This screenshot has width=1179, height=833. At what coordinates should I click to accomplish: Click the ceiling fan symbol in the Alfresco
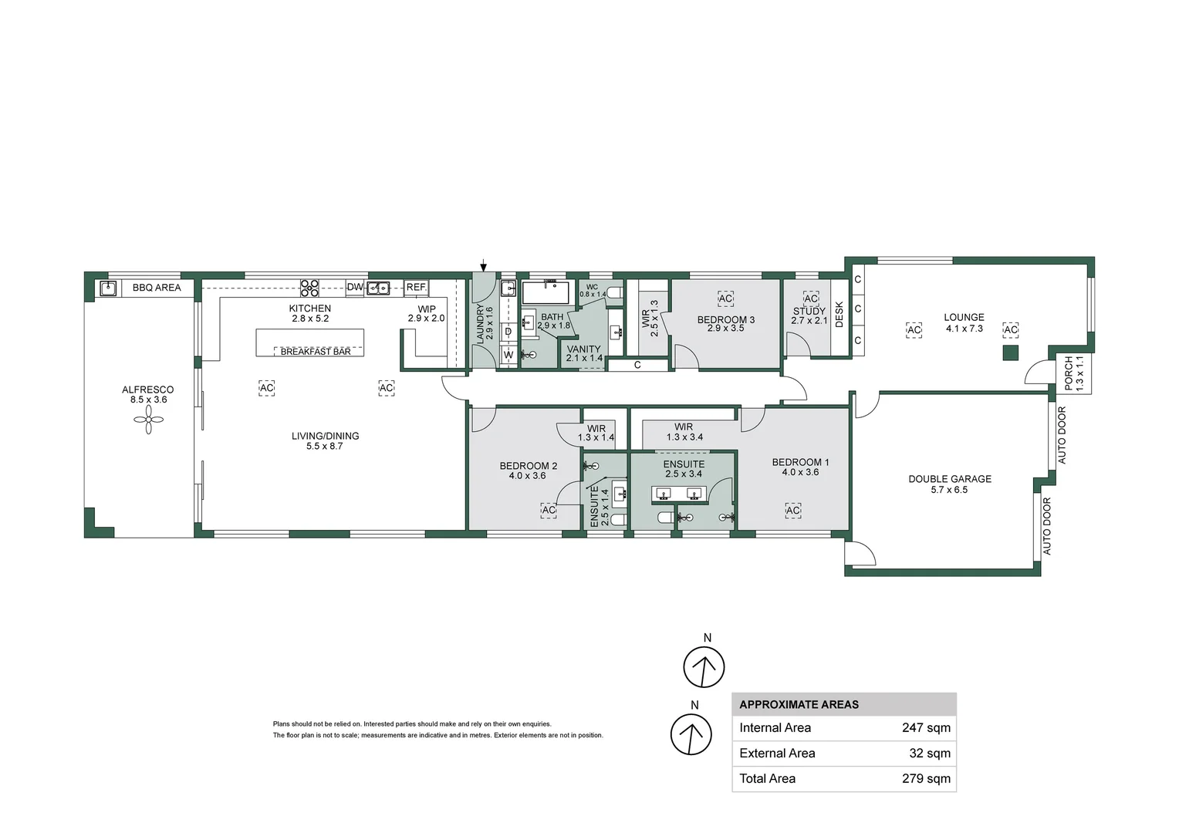[x=148, y=420]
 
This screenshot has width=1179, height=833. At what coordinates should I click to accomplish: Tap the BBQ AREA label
[x=157, y=288]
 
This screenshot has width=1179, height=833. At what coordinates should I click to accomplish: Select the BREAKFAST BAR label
[x=316, y=352]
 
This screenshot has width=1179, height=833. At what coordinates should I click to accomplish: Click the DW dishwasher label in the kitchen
[x=355, y=288]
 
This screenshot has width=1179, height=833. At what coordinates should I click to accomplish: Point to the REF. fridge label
[x=417, y=288]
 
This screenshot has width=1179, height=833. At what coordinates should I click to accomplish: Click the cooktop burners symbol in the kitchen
[x=309, y=288]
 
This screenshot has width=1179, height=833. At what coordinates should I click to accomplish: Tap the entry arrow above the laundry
[x=483, y=266]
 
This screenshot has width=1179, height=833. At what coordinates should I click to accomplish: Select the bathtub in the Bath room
[x=546, y=292]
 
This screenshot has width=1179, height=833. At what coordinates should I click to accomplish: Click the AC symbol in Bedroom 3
[x=725, y=299]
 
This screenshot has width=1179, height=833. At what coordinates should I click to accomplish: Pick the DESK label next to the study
[x=839, y=314]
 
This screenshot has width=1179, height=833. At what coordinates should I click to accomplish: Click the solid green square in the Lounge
[x=1010, y=353]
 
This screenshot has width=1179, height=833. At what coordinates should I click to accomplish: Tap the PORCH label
[x=1069, y=373]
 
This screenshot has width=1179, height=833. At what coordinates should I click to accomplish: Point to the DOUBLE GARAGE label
[x=950, y=479]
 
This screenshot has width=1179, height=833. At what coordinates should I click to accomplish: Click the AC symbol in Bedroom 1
[x=792, y=511]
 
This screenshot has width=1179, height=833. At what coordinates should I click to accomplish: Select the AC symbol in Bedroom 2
[x=549, y=511]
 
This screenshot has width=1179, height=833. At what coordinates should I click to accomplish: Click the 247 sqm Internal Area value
[x=926, y=728]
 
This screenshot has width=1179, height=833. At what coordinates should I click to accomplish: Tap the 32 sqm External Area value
[x=930, y=753]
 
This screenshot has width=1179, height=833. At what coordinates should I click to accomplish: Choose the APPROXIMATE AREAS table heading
[x=799, y=705]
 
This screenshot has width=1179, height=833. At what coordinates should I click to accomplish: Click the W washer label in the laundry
[x=508, y=356]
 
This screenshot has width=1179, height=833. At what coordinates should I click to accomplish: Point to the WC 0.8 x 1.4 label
[x=593, y=291]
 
